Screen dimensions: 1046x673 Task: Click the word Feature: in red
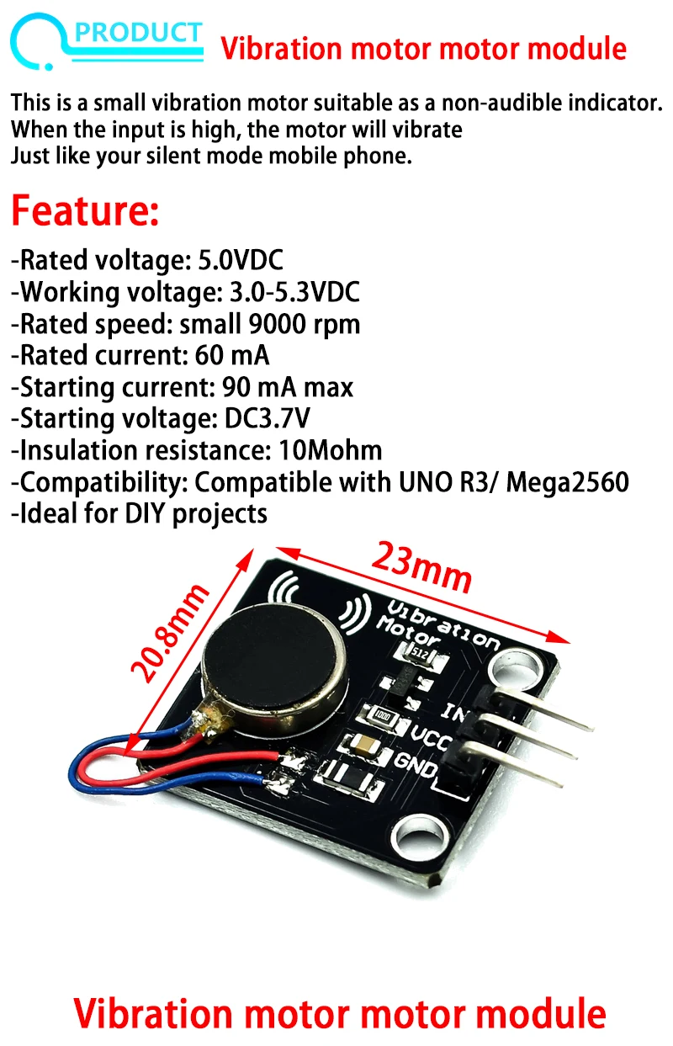(85, 210)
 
